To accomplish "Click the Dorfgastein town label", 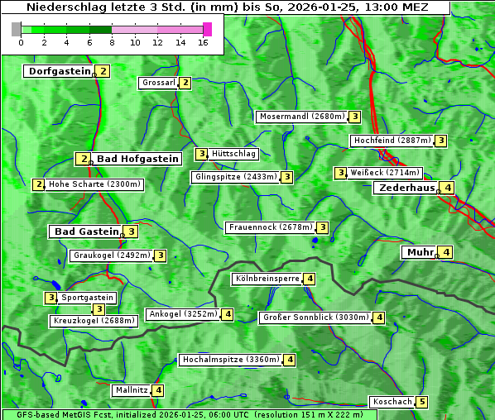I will point(59,71).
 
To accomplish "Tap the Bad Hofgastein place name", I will point(137,159).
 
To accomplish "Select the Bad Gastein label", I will point(87,231).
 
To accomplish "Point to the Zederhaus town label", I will point(406,188).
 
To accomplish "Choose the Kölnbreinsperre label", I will point(267,279).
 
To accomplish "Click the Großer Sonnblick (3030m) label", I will point(315,317).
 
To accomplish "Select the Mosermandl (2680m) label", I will point(301,117).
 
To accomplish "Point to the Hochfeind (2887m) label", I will point(392,141).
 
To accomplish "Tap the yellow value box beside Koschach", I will point(422,402).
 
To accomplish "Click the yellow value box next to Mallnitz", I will point(158,390).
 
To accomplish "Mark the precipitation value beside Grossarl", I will point(185,83).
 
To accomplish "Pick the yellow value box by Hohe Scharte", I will point(39,184).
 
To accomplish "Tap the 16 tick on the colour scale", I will point(204,41).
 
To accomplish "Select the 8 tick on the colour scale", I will point(112,41).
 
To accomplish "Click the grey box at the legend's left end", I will point(17,29).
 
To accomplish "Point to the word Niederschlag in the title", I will point(63,7).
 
